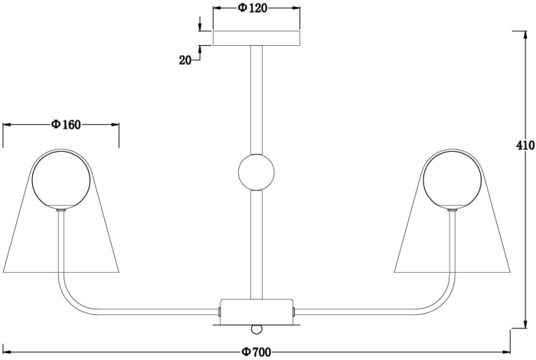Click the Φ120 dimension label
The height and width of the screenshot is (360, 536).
(x=252, y=9)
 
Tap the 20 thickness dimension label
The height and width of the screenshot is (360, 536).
(x=185, y=60)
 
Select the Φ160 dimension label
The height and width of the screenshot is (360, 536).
(x=67, y=126)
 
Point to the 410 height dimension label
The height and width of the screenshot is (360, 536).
(x=525, y=146)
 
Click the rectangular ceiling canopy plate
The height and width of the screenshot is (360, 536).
(x=257, y=38)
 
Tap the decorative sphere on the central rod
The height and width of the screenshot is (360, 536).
(x=256, y=172)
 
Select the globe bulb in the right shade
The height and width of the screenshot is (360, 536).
(x=453, y=179)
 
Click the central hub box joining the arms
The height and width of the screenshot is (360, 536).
(x=256, y=309)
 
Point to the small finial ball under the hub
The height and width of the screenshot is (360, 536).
(x=257, y=329)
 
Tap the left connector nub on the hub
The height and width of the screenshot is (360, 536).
(x=219, y=311)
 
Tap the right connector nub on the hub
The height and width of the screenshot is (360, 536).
(x=293, y=311)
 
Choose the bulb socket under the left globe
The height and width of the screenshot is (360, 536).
(x=61, y=209)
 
